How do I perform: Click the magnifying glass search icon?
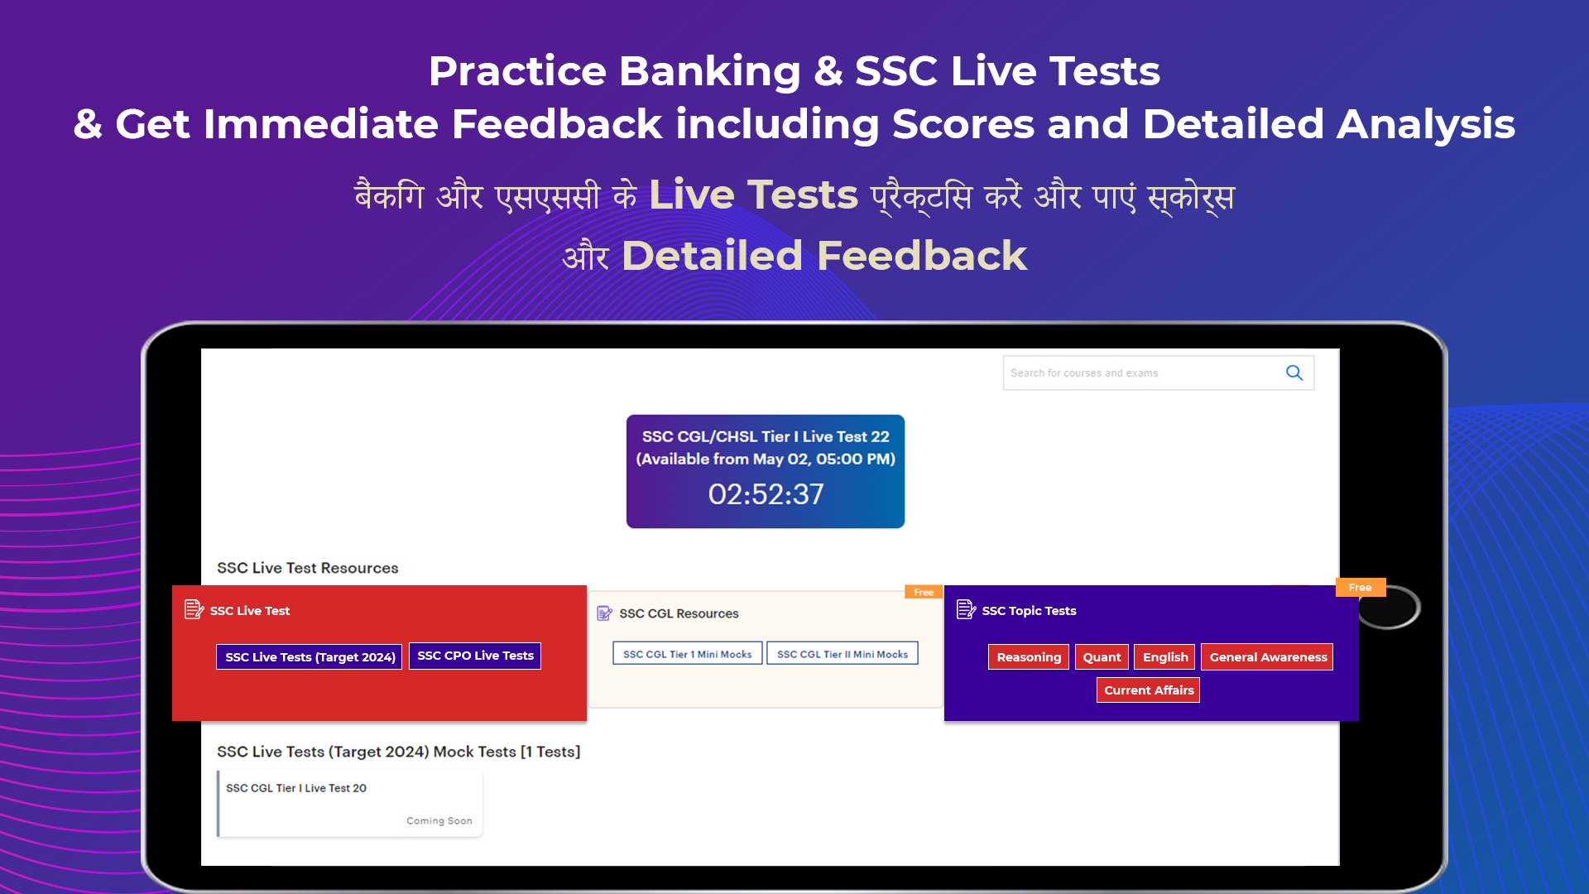point(1294,373)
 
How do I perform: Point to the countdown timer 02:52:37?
point(766,494)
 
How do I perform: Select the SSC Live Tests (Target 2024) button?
point(310,656)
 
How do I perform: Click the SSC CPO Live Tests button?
point(475,656)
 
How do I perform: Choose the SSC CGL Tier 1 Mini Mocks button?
point(687,654)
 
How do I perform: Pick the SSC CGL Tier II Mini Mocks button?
point(843,654)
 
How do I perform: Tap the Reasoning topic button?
point(1029,657)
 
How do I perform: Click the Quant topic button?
point(1102,657)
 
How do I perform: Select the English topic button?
point(1165,657)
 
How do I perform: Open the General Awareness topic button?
point(1267,657)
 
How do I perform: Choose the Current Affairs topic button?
point(1148,690)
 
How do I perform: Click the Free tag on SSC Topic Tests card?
point(1361,588)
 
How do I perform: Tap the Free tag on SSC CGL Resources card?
point(924,592)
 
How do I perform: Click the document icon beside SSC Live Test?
point(194,610)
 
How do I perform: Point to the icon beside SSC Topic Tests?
point(966,610)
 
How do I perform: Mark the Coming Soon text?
point(439,821)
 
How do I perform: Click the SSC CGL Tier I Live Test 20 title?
point(296,788)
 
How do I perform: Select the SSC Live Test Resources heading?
point(308,568)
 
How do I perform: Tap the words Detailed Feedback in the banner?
point(824,255)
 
